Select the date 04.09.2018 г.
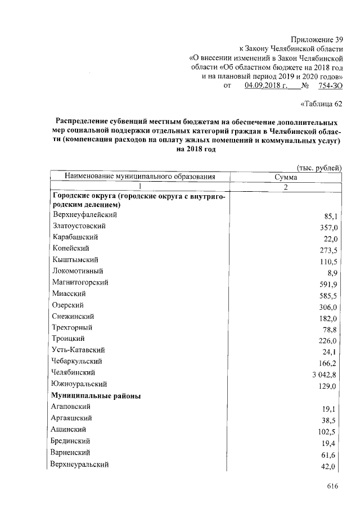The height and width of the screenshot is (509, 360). [x=266, y=85]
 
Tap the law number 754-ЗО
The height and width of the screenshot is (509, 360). [x=330, y=85]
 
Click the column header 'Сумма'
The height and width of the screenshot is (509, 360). [x=285, y=177]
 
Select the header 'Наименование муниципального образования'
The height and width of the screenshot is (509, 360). [x=140, y=177]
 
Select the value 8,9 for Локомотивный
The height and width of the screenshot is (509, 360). [x=331, y=273]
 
